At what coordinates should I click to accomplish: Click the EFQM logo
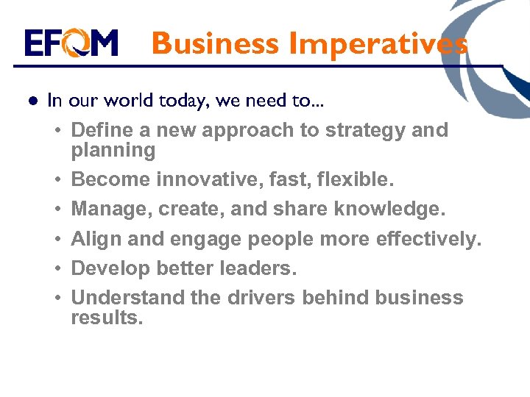pyautogui.click(x=71, y=43)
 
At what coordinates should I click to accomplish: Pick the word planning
pyautogui.click(x=113, y=151)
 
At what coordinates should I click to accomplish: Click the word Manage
pyautogui.click(x=108, y=210)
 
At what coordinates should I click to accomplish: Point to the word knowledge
pyautogui.click(x=389, y=210)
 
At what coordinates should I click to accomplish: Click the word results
pyautogui.click(x=107, y=318)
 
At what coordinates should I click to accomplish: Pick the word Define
pyautogui.click(x=99, y=130)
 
